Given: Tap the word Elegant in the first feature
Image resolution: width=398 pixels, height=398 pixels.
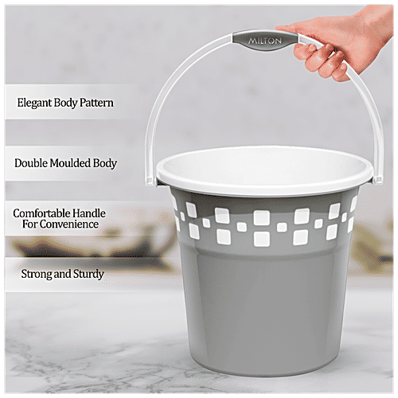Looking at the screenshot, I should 35,103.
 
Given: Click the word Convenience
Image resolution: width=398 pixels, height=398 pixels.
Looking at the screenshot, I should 71,224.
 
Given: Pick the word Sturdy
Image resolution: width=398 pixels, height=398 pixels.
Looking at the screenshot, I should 88,275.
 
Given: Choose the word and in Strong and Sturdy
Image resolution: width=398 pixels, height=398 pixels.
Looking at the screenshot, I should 60,275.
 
